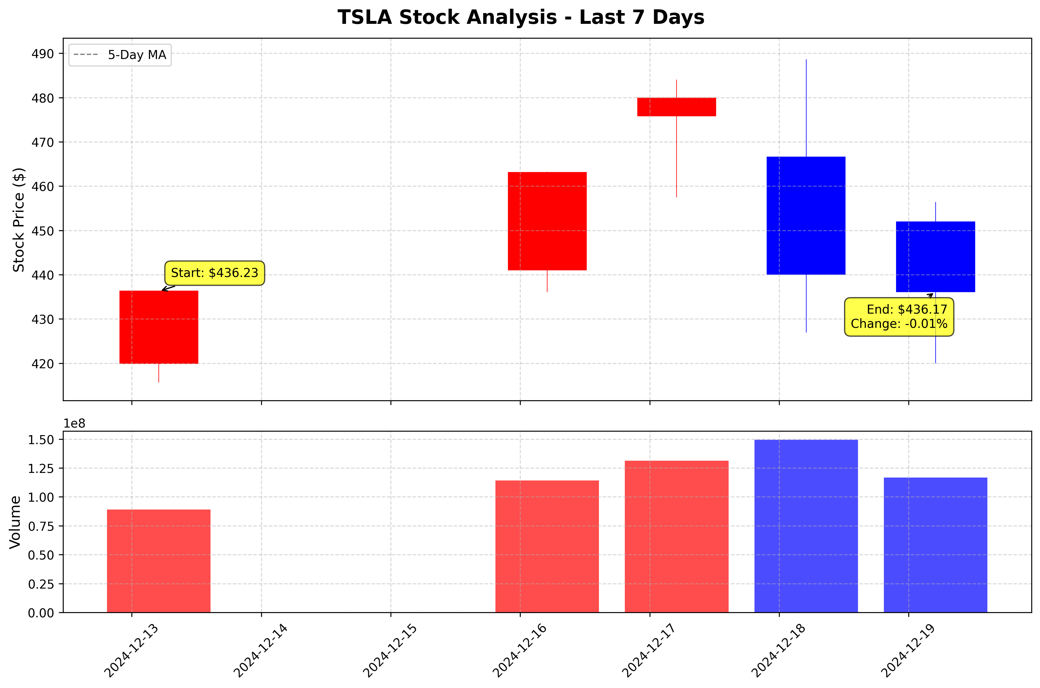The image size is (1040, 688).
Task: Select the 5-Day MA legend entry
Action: tap(120, 55)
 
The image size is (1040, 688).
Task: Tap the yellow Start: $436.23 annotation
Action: tap(215, 273)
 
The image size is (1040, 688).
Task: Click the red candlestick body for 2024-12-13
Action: tap(158, 327)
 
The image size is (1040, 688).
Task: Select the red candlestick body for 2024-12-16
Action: tap(547, 221)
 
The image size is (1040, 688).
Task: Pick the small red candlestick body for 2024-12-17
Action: tap(676, 107)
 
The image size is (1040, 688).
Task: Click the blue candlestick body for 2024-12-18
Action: tap(806, 215)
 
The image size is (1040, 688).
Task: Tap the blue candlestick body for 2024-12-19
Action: tap(935, 257)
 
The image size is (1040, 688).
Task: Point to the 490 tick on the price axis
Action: tap(42, 54)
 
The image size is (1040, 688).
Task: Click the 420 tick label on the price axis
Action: tap(42, 364)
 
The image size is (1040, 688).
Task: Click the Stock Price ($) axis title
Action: tap(18, 219)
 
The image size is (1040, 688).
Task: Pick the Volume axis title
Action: tap(15, 522)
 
